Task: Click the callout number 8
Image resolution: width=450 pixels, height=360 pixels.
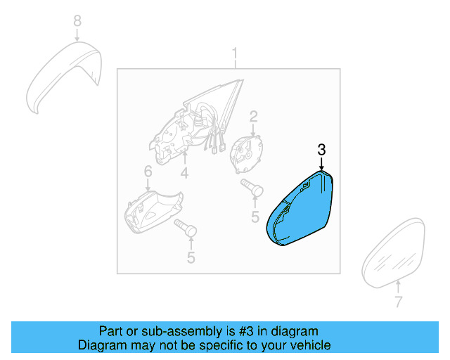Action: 77,21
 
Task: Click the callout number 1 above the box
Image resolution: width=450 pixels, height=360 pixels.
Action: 235,53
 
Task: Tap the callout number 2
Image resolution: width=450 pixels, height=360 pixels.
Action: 253,117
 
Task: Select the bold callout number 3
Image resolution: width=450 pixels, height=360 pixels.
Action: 322,150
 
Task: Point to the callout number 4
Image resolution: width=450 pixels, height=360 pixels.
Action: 184,173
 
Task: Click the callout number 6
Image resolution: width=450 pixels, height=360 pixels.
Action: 148,172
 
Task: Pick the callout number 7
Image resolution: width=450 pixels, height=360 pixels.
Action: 399,302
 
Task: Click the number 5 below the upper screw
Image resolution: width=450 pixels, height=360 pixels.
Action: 255,217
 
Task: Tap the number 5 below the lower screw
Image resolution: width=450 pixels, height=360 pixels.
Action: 191,257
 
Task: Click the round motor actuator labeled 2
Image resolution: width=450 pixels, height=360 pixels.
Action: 247,155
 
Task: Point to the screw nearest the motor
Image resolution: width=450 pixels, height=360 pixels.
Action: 252,187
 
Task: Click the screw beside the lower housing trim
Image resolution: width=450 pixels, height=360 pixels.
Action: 186,228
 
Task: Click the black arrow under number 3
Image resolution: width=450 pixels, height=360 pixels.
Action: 322,165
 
